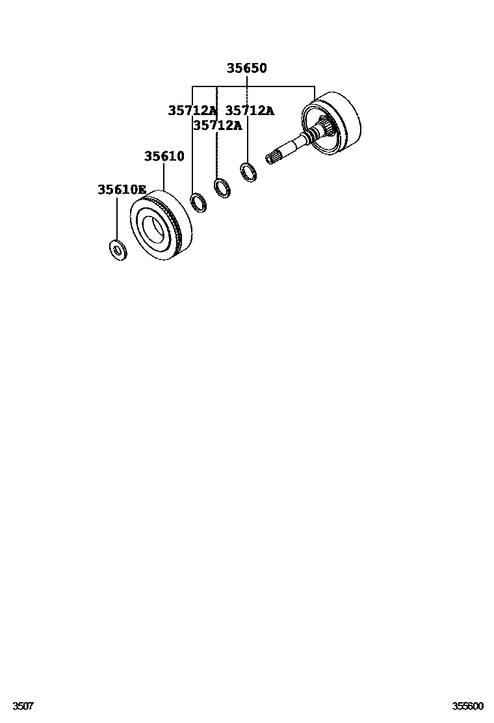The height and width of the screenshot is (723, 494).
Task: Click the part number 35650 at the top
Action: pos(246,68)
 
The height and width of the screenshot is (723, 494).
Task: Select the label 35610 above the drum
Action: pos(164,157)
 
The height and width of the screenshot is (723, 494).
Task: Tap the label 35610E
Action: pos(122,190)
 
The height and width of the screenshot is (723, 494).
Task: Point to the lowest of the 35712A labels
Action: pos(217,125)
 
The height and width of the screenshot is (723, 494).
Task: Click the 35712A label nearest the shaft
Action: pos(250,111)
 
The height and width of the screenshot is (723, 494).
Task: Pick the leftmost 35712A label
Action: pos(192,111)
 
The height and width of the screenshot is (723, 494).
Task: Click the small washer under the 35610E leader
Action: pos(117,249)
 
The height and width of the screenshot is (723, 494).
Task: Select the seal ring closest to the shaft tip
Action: pos(247,172)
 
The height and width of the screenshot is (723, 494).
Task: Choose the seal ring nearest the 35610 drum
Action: pos(198,202)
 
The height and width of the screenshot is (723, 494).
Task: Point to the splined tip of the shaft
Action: pos(274,156)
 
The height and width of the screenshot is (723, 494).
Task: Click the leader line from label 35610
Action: pos(164,177)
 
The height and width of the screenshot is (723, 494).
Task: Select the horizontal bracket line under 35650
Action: pos(253,86)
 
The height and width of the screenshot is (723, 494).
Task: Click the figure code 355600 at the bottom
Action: pos(468,706)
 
